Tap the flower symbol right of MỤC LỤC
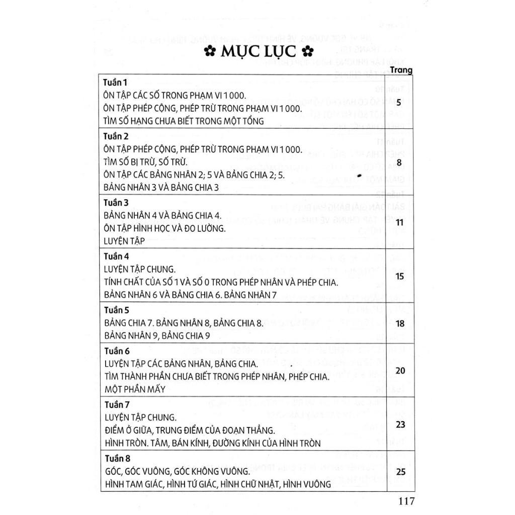pos(307,52)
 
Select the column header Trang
pos(401,70)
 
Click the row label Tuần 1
pos(116,82)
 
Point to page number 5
pos(399,103)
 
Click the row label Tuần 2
pos(116,136)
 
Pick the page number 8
pos(399,162)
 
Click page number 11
pos(400,222)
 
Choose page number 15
pos(400,276)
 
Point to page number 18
pos(400,324)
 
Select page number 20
pos(400,371)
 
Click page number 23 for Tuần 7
pos(400,425)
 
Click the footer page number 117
pos(405,501)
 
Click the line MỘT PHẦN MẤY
pos(135,389)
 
